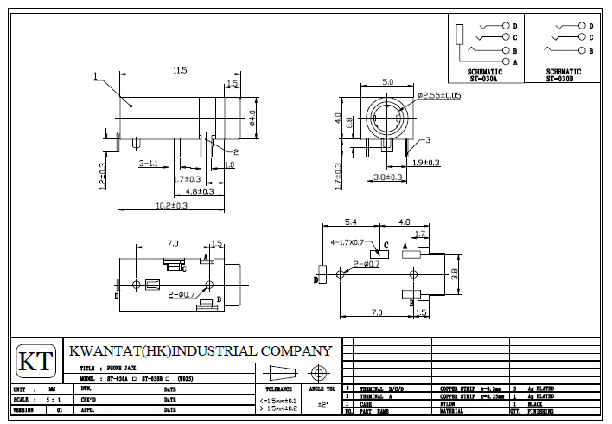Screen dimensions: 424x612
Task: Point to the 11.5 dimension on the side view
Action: pos(180,70)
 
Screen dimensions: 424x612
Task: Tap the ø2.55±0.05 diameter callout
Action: pos(438,96)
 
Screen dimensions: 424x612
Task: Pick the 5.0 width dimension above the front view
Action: pos(388,82)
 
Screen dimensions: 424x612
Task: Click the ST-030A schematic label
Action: pos(485,78)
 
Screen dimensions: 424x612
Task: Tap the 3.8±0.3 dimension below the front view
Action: pos(387,177)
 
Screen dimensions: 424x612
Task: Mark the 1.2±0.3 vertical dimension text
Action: pos(103,177)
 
